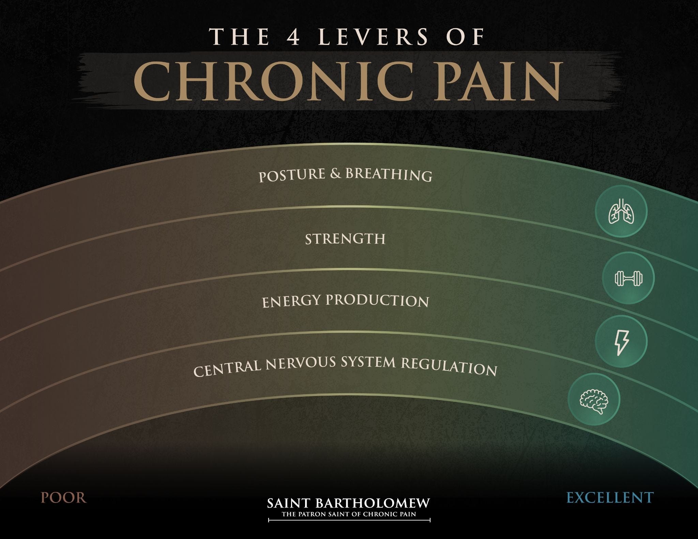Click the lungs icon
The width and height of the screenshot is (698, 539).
click(x=621, y=211)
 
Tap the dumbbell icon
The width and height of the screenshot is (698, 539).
click(x=628, y=278)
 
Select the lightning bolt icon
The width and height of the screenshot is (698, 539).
click(x=621, y=341)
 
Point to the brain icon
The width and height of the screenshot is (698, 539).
click(x=594, y=399)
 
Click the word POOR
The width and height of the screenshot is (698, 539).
click(x=64, y=498)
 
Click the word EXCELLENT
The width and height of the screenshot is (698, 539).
click(x=610, y=497)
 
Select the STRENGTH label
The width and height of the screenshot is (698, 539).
click(x=345, y=239)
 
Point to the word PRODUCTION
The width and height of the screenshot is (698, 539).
click(x=377, y=300)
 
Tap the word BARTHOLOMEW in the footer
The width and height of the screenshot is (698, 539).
click(x=373, y=504)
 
